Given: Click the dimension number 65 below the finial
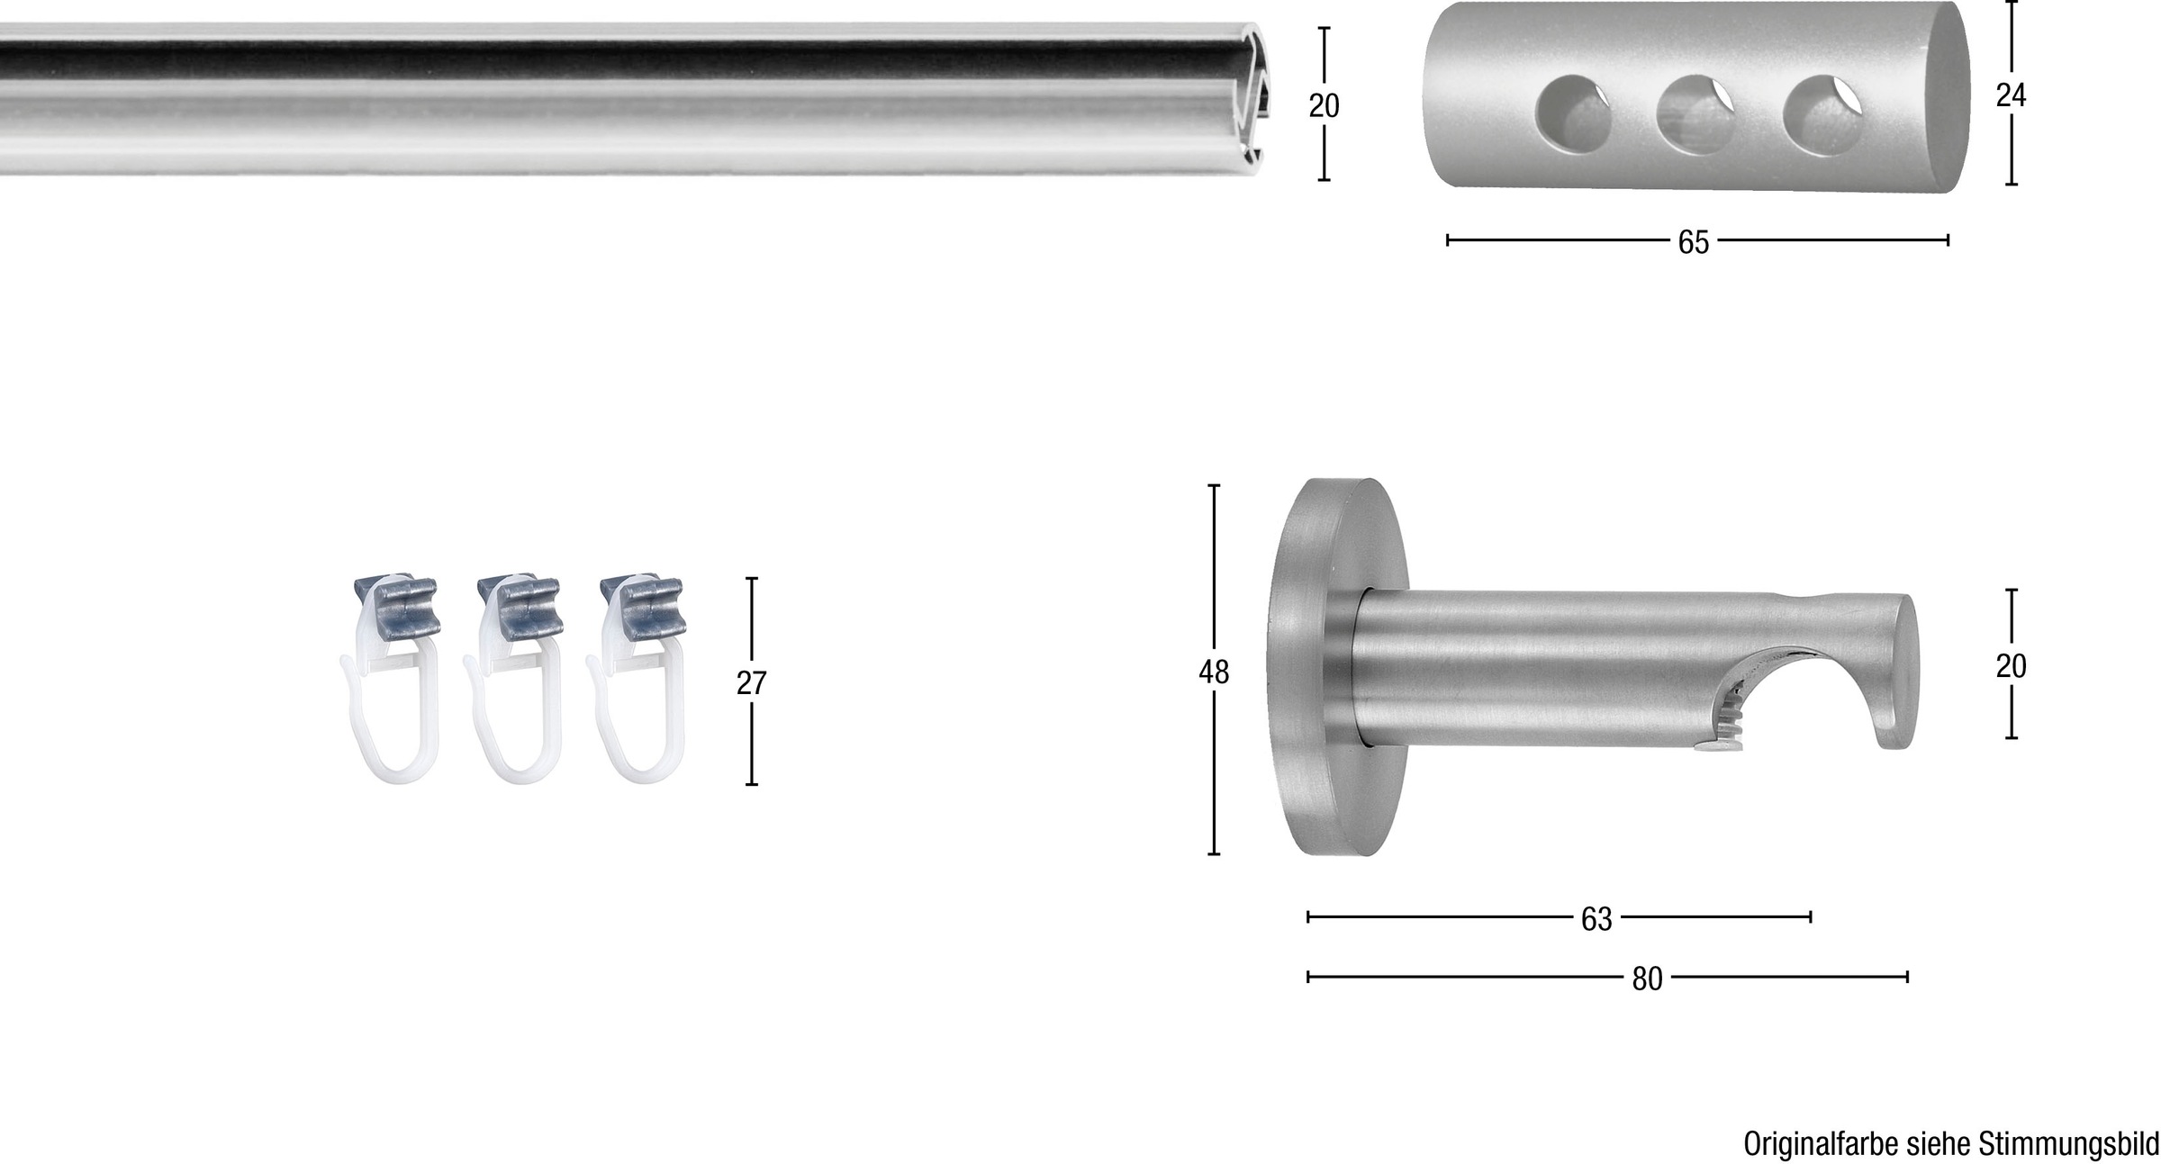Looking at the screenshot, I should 1693,242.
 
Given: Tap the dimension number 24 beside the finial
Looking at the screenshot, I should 2011,95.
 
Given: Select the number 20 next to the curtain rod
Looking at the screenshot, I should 1324,106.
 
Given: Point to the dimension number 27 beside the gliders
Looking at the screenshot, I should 751,683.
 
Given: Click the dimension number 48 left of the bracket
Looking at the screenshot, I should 1214,672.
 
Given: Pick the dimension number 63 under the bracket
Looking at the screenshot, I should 1596,919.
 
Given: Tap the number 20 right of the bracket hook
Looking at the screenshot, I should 2011,666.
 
